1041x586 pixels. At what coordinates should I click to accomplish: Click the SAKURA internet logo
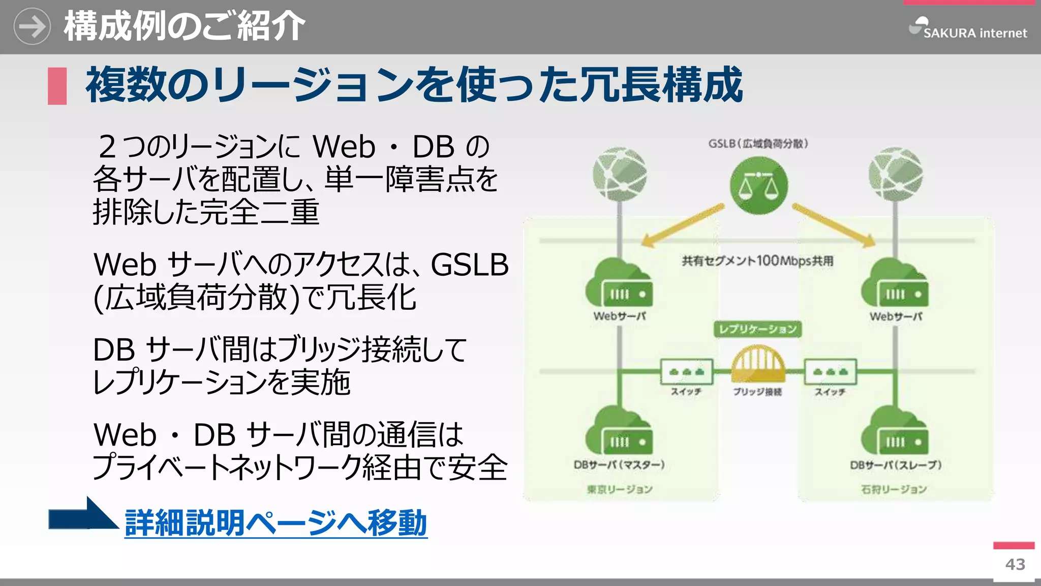pyautogui.click(x=968, y=29)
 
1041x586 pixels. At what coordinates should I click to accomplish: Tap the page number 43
pyautogui.click(x=1015, y=565)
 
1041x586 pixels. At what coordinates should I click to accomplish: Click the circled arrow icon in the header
pyautogui.click(x=32, y=26)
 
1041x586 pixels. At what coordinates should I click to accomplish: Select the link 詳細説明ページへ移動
pyautogui.click(x=276, y=523)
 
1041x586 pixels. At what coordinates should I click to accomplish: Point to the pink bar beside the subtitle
pyautogui.click(x=57, y=86)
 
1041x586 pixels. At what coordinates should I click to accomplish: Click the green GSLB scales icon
pyautogui.click(x=758, y=186)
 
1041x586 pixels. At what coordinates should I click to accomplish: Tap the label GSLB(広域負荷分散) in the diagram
pyautogui.click(x=758, y=144)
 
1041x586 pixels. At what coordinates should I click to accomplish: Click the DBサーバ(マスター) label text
pyautogui.click(x=619, y=465)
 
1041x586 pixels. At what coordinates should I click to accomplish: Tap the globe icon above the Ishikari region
pyautogui.click(x=896, y=174)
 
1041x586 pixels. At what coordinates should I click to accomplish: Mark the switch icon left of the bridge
pyautogui.click(x=686, y=372)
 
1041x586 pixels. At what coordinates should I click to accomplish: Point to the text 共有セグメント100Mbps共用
pyautogui.click(x=757, y=261)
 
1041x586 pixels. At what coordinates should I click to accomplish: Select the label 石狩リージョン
pyautogui.click(x=894, y=489)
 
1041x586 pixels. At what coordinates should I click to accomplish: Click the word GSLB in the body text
pyautogui.click(x=469, y=265)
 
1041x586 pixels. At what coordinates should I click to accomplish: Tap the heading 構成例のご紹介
pyautogui.click(x=184, y=26)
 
